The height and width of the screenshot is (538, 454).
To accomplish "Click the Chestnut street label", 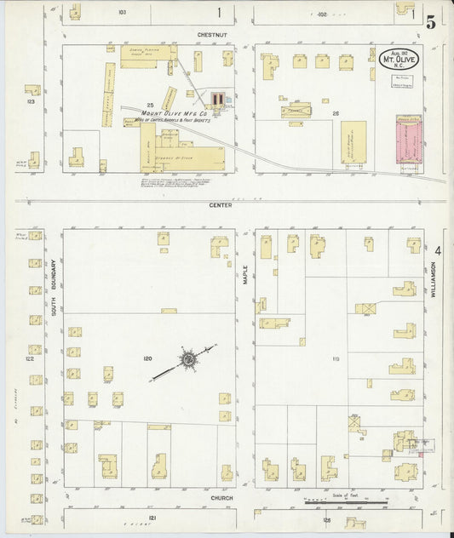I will pos(209,35).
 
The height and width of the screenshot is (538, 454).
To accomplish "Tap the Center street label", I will pos(220,205).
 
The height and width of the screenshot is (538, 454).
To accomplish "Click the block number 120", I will pos(148,358).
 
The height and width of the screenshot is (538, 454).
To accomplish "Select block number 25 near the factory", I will pos(149,105).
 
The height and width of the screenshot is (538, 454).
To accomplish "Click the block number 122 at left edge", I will pos(29,358).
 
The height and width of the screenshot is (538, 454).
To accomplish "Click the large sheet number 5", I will pos(432,22).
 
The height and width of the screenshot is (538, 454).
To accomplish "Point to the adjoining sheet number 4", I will pos(438,250).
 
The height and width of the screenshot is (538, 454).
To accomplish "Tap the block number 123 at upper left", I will pos(31,101).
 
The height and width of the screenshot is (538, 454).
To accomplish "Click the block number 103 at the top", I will pos(122,13).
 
